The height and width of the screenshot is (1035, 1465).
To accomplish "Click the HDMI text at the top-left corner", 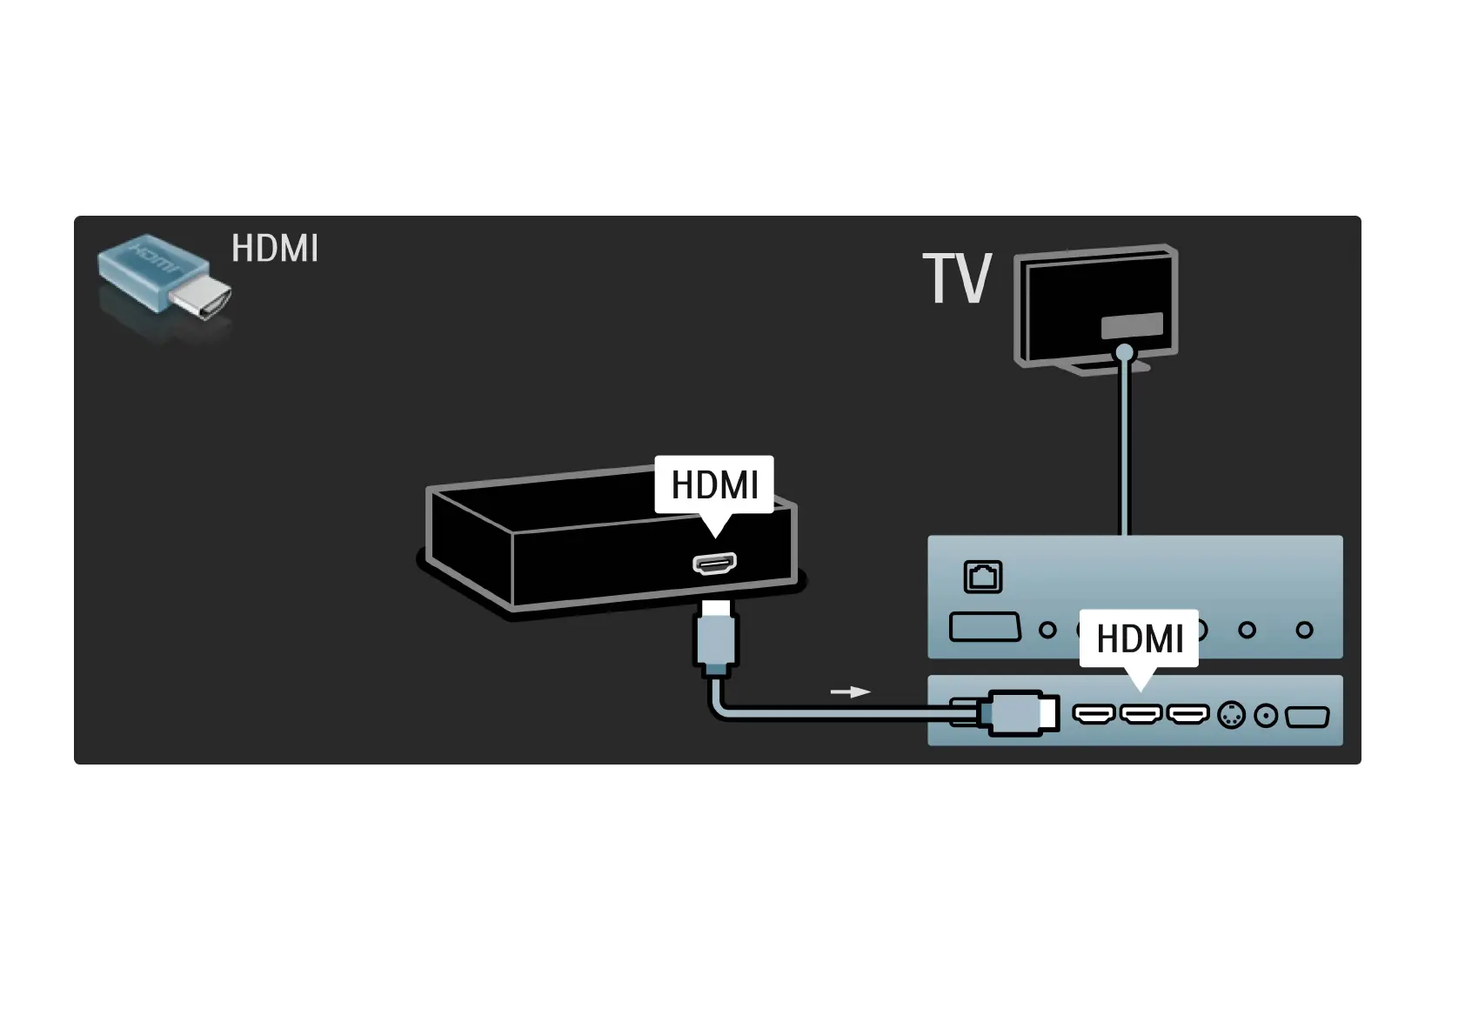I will pyautogui.click(x=275, y=249).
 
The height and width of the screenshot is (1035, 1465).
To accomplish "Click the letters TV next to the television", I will pyautogui.click(x=957, y=279).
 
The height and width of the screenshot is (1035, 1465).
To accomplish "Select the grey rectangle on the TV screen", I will pyautogui.click(x=1132, y=326).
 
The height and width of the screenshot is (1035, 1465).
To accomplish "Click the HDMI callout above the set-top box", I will pyautogui.click(x=714, y=484).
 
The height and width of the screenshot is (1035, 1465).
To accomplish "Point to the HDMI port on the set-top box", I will pyautogui.click(x=714, y=564).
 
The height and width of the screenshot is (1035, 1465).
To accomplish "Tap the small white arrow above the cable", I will pyautogui.click(x=850, y=692).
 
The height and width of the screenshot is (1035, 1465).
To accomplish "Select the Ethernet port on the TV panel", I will pyautogui.click(x=983, y=577).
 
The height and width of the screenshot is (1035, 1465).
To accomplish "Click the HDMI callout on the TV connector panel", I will pyautogui.click(x=1139, y=638).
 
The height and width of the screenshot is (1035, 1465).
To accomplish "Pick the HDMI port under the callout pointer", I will pyautogui.click(x=1141, y=715).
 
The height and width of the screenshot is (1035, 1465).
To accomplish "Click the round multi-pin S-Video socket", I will pyautogui.click(x=1231, y=716).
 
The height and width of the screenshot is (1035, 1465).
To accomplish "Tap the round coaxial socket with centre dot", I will pyautogui.click(x=1267, y=716).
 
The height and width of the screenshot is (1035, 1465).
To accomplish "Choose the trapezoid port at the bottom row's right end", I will pyautogui.click(x=1307, y=717).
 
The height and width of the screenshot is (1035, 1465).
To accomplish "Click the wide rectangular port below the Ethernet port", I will pyautogui.click(x=985, y=627).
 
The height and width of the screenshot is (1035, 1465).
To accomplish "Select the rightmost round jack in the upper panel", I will pyautogui.click(x=1304, y=630).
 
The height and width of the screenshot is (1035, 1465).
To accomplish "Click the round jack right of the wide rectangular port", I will pyautogui.click(x=1048, y=630).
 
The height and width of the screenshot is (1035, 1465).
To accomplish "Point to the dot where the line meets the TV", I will pyautogui.click(x=1125, y=352).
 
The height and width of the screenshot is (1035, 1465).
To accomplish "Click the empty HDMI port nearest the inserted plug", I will pyautogui.click(x=1094, y=715).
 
